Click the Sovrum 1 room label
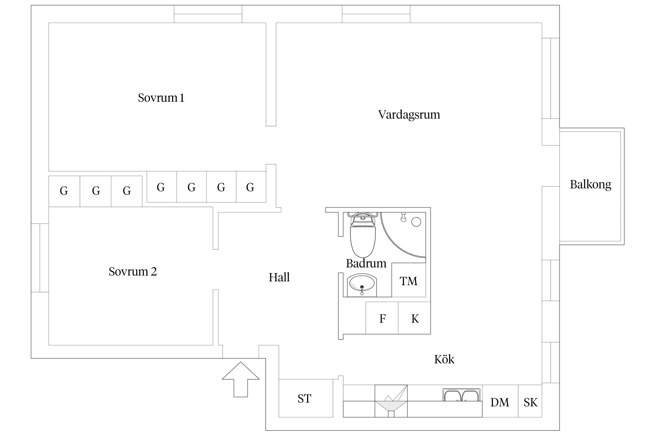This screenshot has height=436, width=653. tap(161, 98)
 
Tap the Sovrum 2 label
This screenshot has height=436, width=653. tap(133, 271)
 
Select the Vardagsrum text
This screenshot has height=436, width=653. tap(409, 115)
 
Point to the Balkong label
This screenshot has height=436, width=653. tap(590, 184)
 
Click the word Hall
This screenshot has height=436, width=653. tap(279, 277)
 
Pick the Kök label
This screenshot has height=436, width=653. tap(444, 360)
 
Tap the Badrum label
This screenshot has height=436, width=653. tap(366, 263)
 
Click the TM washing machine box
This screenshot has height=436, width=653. tap(409, 281)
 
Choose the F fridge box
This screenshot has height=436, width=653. tap(382, 319)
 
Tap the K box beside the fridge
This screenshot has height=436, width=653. tap(415, 319)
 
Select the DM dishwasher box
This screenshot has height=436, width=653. tap(500, 402)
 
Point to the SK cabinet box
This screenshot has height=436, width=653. tap(530, 402)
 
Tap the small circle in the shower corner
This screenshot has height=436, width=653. tap(416, 222)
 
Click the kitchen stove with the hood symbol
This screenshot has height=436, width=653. tap(391, 401)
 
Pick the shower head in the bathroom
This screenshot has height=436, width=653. tap(403, 217)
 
